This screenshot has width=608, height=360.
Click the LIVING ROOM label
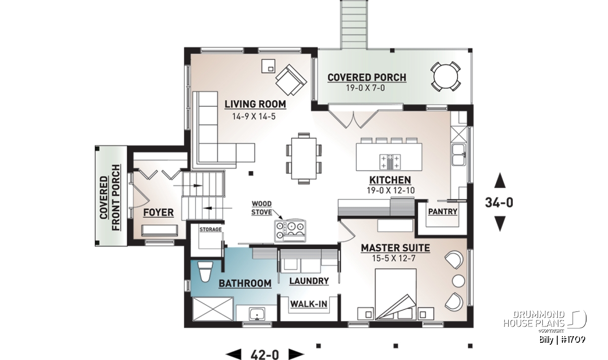(255, 104)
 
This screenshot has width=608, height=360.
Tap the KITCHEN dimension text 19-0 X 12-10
(391, 190)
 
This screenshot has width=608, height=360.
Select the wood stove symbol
(290, 231)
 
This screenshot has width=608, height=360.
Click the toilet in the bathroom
(205, 272)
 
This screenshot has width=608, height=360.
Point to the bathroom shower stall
(213, 309)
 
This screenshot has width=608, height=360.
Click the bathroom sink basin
(257, 314)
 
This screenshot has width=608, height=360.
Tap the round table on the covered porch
(445, 76)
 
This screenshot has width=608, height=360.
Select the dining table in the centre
(303, 158)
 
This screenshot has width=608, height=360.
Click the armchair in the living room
(291, 80)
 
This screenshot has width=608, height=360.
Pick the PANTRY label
(443, 212)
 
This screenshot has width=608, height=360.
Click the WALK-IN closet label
(309, 304)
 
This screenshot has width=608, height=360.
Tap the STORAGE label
(211, 229)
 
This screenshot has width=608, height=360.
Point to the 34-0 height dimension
(499, 203)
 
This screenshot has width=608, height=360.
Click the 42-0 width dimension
(264, 354)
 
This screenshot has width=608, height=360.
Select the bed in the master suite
(396, 294)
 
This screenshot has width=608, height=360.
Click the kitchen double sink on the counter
(458, 154)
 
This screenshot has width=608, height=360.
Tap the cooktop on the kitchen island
(390, 162)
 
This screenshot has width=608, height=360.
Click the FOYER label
(159, 213)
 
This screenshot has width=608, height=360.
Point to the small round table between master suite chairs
(459, 281)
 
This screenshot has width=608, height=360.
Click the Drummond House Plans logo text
(534, 319)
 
